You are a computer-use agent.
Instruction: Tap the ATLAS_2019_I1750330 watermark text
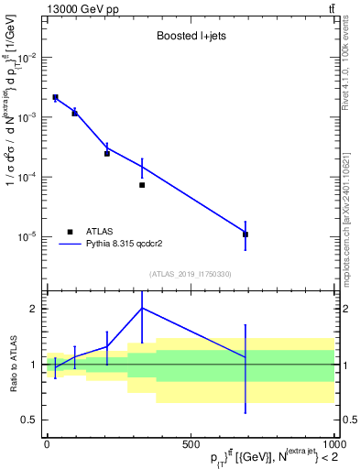[191, 274]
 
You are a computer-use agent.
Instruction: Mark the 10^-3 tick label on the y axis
[30, 117]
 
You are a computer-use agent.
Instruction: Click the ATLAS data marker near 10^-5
[245, 234]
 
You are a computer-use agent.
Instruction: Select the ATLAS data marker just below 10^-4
[142, 185]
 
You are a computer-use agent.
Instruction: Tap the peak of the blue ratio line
[142, 308]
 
